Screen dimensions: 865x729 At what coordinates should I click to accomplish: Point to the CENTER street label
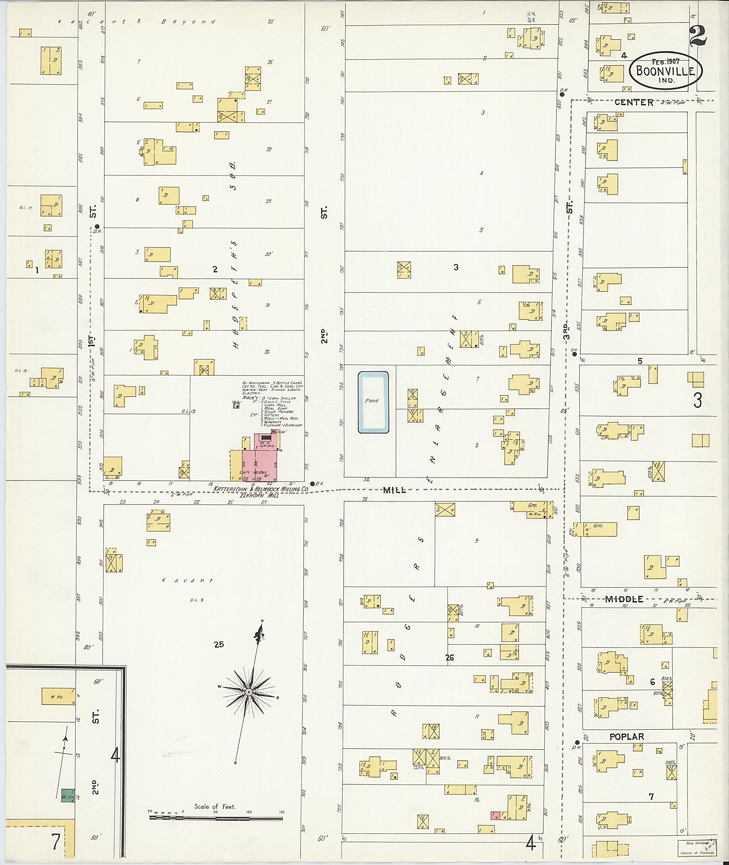[634, 102]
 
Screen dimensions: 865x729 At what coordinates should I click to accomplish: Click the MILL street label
[394, 490]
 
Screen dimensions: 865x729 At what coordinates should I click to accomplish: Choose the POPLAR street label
[626, 736]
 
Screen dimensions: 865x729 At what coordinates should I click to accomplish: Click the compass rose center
[249, 692]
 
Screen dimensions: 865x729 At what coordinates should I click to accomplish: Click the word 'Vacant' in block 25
[187, 580]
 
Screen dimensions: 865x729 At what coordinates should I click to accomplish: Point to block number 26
[449, 657]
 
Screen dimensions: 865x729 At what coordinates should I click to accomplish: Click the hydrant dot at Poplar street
[577, 742]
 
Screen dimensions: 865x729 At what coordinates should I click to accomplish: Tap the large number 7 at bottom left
[56, 841]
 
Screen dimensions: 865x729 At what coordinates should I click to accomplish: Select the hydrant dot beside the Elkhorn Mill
[312, 483]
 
